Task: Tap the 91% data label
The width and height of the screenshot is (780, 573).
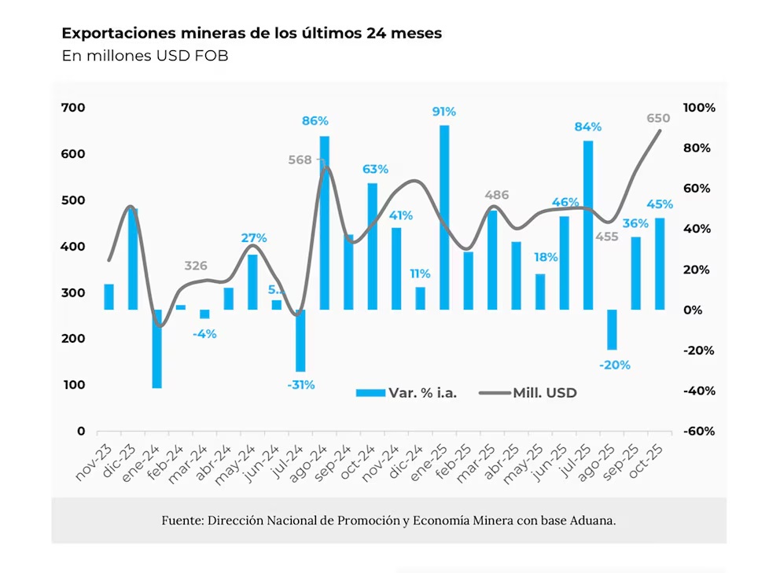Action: [443, 112]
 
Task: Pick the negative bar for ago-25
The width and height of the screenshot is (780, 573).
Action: [611, 329]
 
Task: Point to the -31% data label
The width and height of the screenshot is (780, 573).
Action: [300, 384]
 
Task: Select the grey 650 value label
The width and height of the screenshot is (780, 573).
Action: [658, 118]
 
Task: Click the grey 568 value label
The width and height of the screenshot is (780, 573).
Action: [300, 160]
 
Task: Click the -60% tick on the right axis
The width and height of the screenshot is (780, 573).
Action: [700, 431]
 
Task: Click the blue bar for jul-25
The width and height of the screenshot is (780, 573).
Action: [587, 225]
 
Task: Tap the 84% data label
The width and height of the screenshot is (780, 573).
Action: [587, 127]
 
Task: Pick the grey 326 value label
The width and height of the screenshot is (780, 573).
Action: [196, 266]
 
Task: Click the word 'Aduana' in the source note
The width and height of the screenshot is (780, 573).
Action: [592, 520]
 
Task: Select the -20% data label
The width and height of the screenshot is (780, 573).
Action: [613, 365]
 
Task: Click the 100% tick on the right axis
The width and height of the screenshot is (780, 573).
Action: [699, 108]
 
